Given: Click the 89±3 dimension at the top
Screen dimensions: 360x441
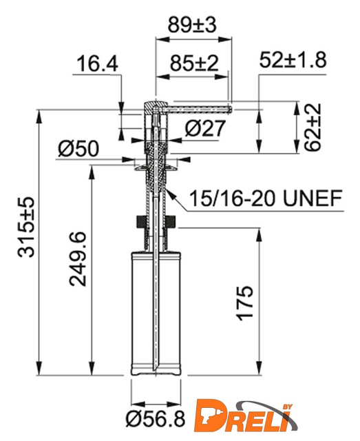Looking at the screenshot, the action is click(192, 25).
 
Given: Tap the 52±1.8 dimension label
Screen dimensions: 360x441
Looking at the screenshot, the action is click(293, 60).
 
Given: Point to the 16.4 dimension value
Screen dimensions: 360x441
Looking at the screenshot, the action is click(97, 63).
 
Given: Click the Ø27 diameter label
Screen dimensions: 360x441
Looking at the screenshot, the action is click(205, 128).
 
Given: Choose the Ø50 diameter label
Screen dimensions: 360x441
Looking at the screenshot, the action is click(78, 149).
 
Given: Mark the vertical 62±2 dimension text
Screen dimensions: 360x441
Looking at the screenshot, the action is click(313, 127).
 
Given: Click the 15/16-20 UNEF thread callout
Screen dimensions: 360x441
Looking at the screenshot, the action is click(266, 198).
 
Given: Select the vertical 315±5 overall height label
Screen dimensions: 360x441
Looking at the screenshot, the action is click(26, 227).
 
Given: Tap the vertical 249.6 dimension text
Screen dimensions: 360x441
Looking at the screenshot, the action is click(78, 259).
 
